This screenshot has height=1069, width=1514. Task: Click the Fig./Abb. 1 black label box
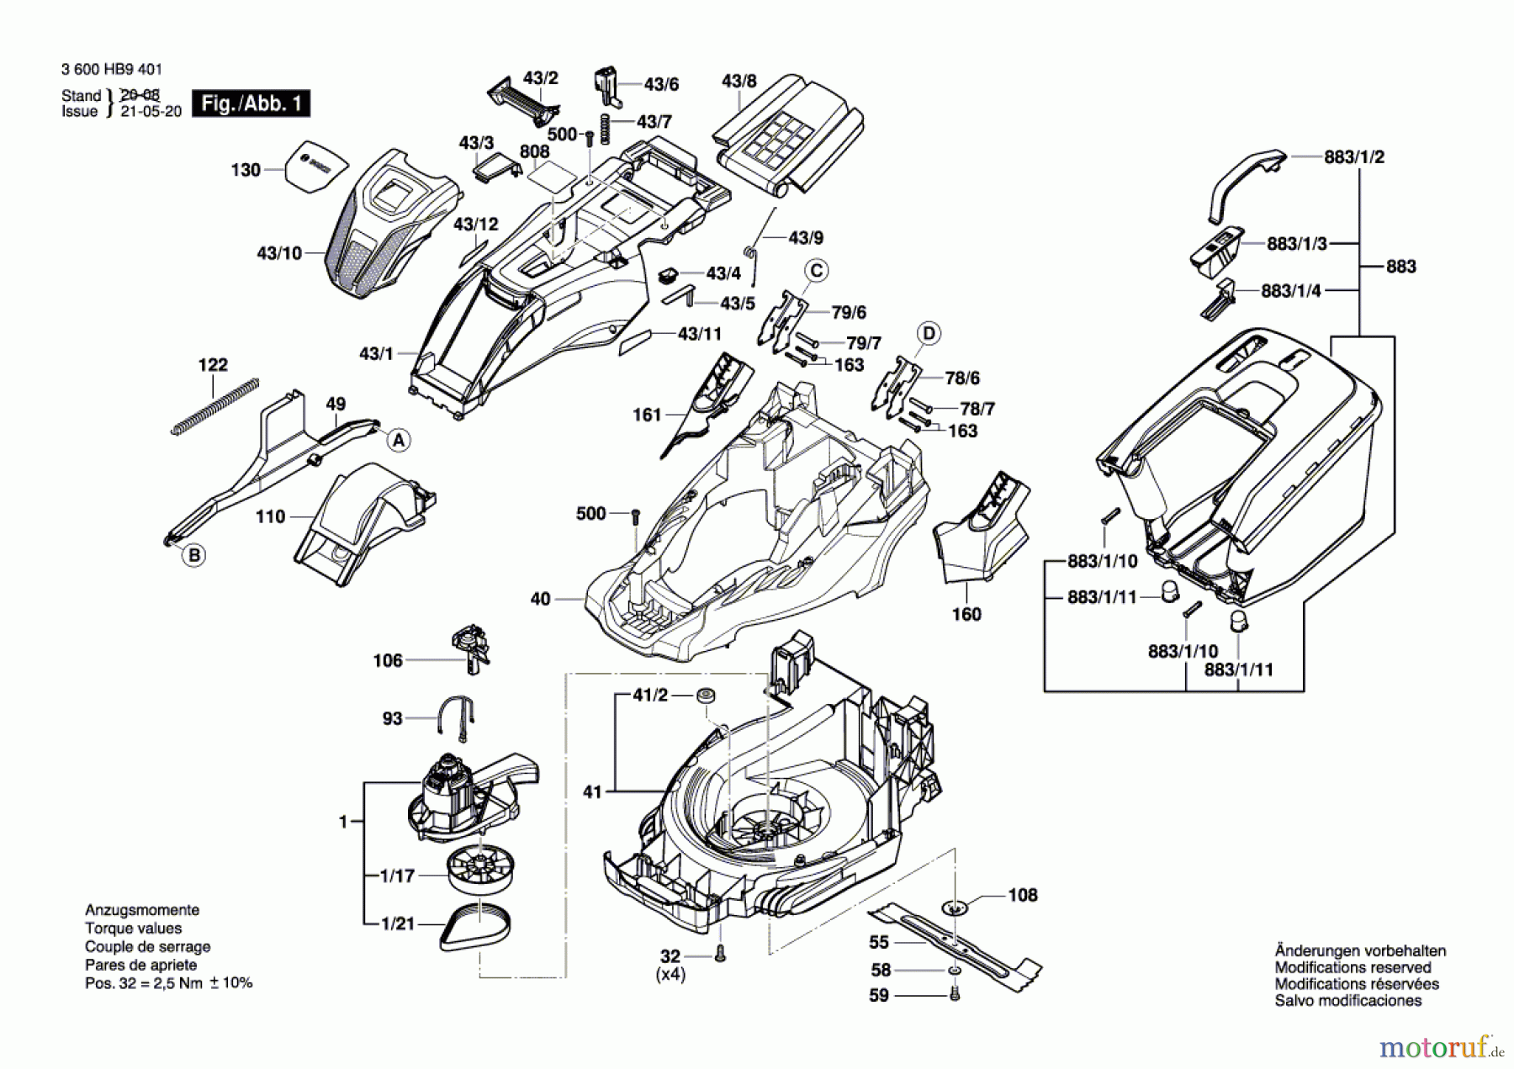click(x=251, y=103)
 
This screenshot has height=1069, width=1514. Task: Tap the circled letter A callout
click(x=399, y=440)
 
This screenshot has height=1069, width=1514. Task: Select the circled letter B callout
click(x=194, y=555)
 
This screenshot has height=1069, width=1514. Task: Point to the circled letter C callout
click(x=816, y=270)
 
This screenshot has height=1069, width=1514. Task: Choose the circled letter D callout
click(x=929, y=333)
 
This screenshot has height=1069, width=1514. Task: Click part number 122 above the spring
click(x=213, y=364)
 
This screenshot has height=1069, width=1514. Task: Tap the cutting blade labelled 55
click(x=955, y=941)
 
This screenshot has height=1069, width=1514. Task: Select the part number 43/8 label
click(x=739, y=81)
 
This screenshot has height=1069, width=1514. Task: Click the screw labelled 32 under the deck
click(x=719, y=953)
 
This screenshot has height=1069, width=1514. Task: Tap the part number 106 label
click(x=388, y=660)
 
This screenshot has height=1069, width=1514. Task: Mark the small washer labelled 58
click(x=953, y=971)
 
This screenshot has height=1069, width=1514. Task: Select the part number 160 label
click(x=966, y=614)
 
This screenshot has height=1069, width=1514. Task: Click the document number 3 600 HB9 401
click(x=112, y=70)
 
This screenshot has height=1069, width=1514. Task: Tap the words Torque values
click(x=133, y=929)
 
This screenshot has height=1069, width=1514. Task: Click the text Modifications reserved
click(x=1353, y=967)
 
